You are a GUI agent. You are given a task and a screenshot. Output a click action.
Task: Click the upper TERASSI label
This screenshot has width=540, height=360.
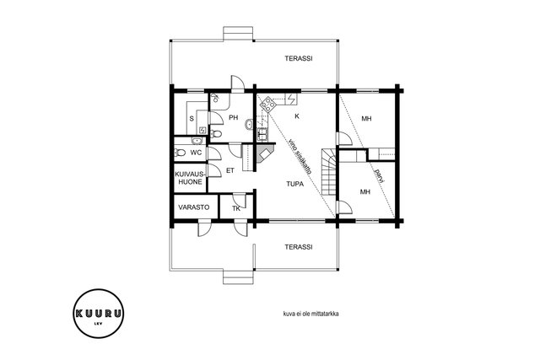299,58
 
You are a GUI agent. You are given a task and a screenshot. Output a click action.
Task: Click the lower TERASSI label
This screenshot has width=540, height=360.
299,247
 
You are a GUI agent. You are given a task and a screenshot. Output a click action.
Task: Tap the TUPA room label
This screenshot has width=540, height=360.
295,184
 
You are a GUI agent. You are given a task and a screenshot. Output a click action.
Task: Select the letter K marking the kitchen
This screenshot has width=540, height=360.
297,116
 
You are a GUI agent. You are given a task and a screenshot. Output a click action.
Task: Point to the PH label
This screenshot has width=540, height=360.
234,118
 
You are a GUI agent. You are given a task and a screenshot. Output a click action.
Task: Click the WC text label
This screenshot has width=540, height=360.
196,153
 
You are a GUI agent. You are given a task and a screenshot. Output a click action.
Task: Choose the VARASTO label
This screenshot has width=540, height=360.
194,207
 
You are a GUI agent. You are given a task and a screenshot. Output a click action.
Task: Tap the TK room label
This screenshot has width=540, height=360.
236,208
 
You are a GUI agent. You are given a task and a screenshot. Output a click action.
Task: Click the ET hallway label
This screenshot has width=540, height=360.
230,170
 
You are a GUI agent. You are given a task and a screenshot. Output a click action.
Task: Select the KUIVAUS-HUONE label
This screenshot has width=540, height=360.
190,178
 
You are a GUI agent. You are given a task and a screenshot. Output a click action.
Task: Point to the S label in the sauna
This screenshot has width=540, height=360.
192,119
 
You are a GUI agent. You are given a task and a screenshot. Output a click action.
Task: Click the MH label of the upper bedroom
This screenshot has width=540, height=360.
366,119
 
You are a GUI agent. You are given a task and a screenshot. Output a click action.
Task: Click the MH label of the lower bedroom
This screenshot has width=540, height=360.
365,191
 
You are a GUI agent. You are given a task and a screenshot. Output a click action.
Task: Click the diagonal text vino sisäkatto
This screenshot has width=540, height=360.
300,156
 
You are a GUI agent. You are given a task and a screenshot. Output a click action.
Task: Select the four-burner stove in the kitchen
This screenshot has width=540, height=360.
268,103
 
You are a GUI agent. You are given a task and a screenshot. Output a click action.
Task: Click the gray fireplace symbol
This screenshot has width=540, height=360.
265,153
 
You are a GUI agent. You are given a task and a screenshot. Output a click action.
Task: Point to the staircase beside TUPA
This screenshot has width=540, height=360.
329,172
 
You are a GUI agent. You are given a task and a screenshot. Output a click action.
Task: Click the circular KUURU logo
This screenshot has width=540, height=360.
99,313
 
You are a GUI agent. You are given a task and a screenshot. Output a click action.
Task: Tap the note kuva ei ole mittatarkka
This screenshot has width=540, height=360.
310,314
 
